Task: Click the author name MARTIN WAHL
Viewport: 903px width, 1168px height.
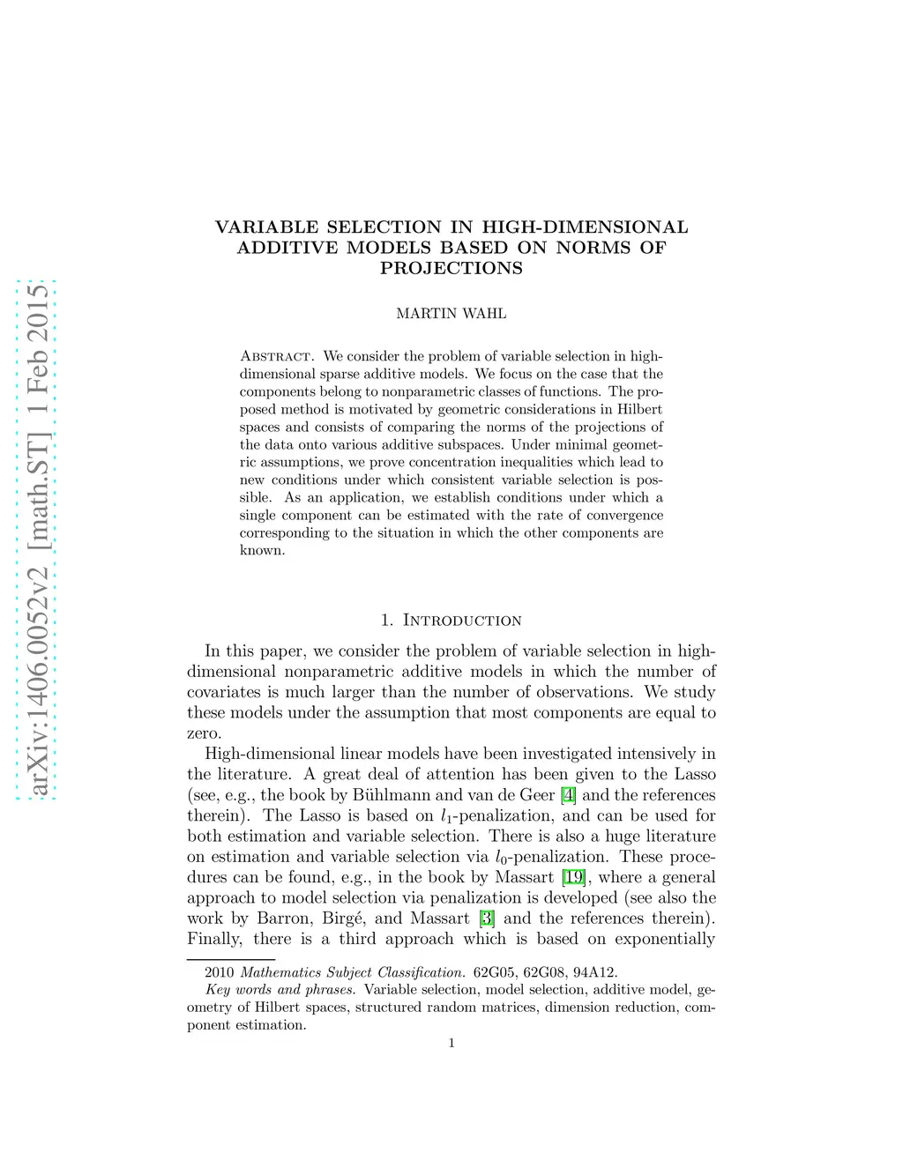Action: (x=451, y=313)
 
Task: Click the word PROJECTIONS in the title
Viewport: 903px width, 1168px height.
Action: (x=451, y=268)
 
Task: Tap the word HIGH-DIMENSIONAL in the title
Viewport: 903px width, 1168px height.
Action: (x=585, y=227)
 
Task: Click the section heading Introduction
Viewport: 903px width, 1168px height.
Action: (x=462, y=621)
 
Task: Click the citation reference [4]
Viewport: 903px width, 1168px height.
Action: (x=569, y=795)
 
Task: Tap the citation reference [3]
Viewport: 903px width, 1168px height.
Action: (x=486, y=918)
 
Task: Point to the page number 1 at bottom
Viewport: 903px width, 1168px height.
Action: (x=451, y=1044)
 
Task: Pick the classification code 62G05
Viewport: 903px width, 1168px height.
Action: (x=496, y=972)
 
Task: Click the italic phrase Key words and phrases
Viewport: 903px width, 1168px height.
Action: (x=280, y=990)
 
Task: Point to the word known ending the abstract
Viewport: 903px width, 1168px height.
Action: (x=262, y=551)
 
